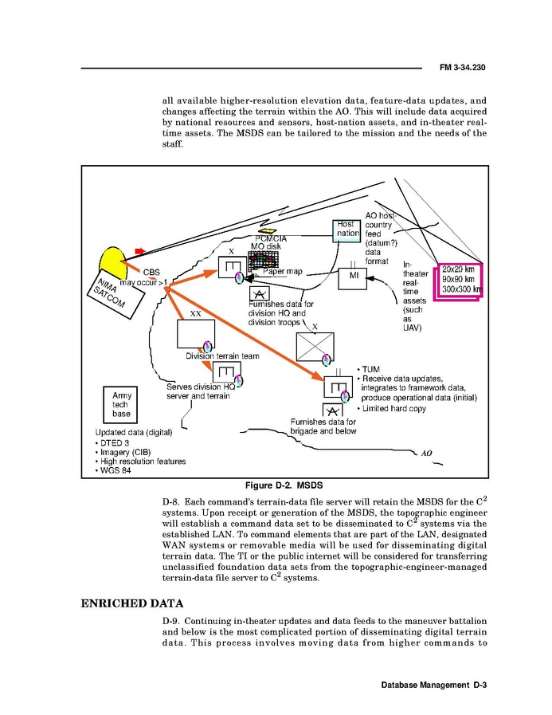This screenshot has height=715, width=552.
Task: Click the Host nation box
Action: (x=346, y=229)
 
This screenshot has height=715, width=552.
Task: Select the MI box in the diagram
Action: (x=354, y=276)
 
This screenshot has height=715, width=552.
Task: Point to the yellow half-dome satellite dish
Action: (x=114, y=258)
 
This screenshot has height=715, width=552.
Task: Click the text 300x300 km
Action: (x=461, y=289)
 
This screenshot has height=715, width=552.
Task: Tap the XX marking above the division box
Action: (x=195, y=313)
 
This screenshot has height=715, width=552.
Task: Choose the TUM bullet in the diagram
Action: (x=370, y=369)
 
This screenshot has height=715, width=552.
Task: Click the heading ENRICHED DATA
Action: (x=132, y=603)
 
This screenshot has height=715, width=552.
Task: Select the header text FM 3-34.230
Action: (x=462, y=68)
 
